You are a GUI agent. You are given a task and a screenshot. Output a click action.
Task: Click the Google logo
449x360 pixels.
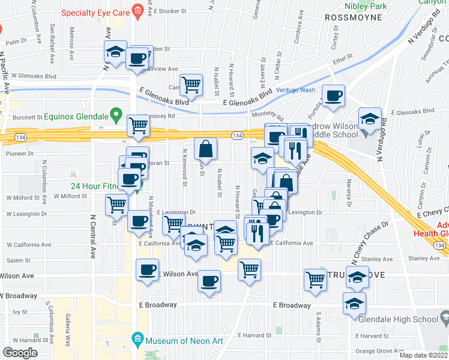coord(20,352)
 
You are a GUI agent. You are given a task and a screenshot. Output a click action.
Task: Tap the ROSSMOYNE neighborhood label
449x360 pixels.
coord(353,17)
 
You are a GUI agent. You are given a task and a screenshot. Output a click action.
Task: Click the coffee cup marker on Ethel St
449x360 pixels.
coord(334,95)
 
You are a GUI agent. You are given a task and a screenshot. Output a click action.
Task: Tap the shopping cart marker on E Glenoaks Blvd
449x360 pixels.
coord(191,85)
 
